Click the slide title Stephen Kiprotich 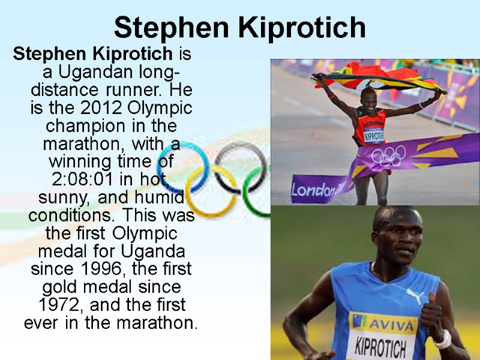(x=239, y=28)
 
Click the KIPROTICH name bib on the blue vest (x=380, y=348)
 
